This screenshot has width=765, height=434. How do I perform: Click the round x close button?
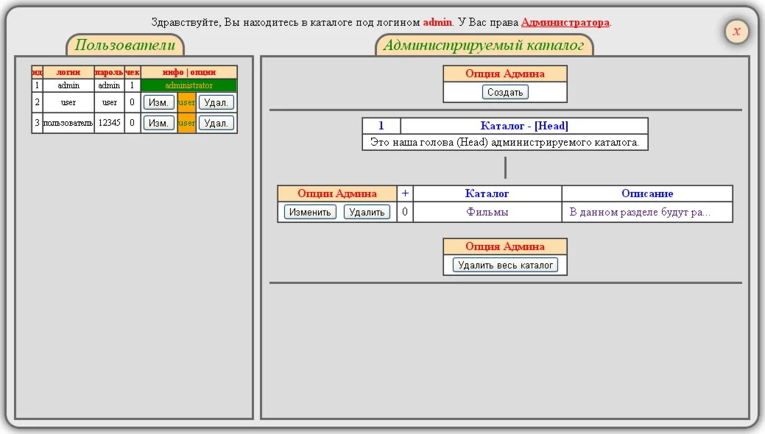[736, 32]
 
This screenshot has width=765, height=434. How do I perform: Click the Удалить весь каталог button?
[505, 265]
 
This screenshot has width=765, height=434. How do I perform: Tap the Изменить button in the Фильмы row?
[310, 213]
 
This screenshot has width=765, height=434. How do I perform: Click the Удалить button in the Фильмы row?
[367, 213]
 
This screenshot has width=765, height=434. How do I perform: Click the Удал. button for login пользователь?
[216, 124]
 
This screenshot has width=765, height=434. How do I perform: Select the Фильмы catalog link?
[487, 213]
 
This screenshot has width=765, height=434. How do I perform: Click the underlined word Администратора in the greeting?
[565, 22]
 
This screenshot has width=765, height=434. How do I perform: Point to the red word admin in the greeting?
[437, 22]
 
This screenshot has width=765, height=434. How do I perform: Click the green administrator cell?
[188, 86]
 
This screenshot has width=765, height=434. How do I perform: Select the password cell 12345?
[109, 124]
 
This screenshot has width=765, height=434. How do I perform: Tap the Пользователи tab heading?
[125, 46]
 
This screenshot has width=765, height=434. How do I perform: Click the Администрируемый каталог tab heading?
[484, 46]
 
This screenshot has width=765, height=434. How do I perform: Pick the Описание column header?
[647, 193]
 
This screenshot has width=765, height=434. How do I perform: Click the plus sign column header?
[405, 193]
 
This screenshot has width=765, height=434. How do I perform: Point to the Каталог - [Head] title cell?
[523, 126]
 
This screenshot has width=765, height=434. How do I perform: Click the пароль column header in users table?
[109, 72]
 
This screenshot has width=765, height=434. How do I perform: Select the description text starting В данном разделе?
[640, 213]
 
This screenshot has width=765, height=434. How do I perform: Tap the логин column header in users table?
[68, 72]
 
